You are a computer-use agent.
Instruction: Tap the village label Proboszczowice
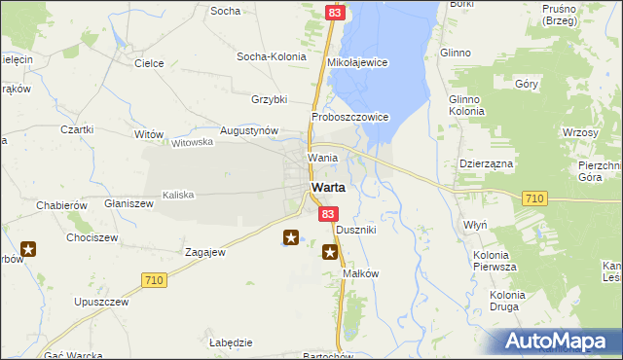tap(350, 117)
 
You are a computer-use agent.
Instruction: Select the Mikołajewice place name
tap(357, 62)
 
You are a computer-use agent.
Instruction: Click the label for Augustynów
tap(249, 130)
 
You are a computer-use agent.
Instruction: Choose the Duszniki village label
tap(355, 231)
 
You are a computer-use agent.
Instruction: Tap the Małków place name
tap(360, 273)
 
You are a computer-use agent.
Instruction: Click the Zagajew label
tap(205, 252)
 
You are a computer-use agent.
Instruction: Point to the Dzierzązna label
tap(486, 164)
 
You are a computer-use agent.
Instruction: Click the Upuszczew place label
tap(101, 302)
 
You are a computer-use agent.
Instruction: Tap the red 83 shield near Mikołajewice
tap(335, 12)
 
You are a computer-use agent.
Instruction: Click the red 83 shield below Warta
tap(329, 214)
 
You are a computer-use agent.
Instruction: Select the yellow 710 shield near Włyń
tap(533, 198)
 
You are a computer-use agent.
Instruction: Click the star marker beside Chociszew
tap(28, 250)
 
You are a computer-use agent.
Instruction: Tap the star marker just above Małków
tap(330, 254)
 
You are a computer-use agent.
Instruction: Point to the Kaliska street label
tap(178, 195)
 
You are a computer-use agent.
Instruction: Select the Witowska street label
tap(192, 142)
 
